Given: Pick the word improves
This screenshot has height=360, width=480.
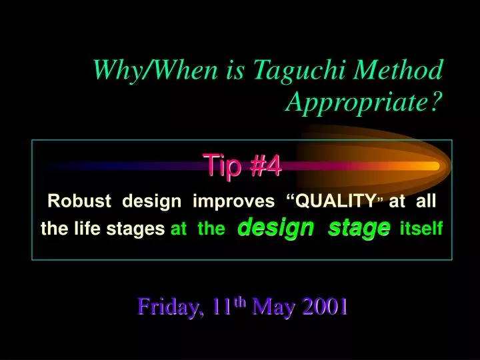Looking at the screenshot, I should pos(233,201).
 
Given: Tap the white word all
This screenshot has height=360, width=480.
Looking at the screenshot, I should pos(426,201).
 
